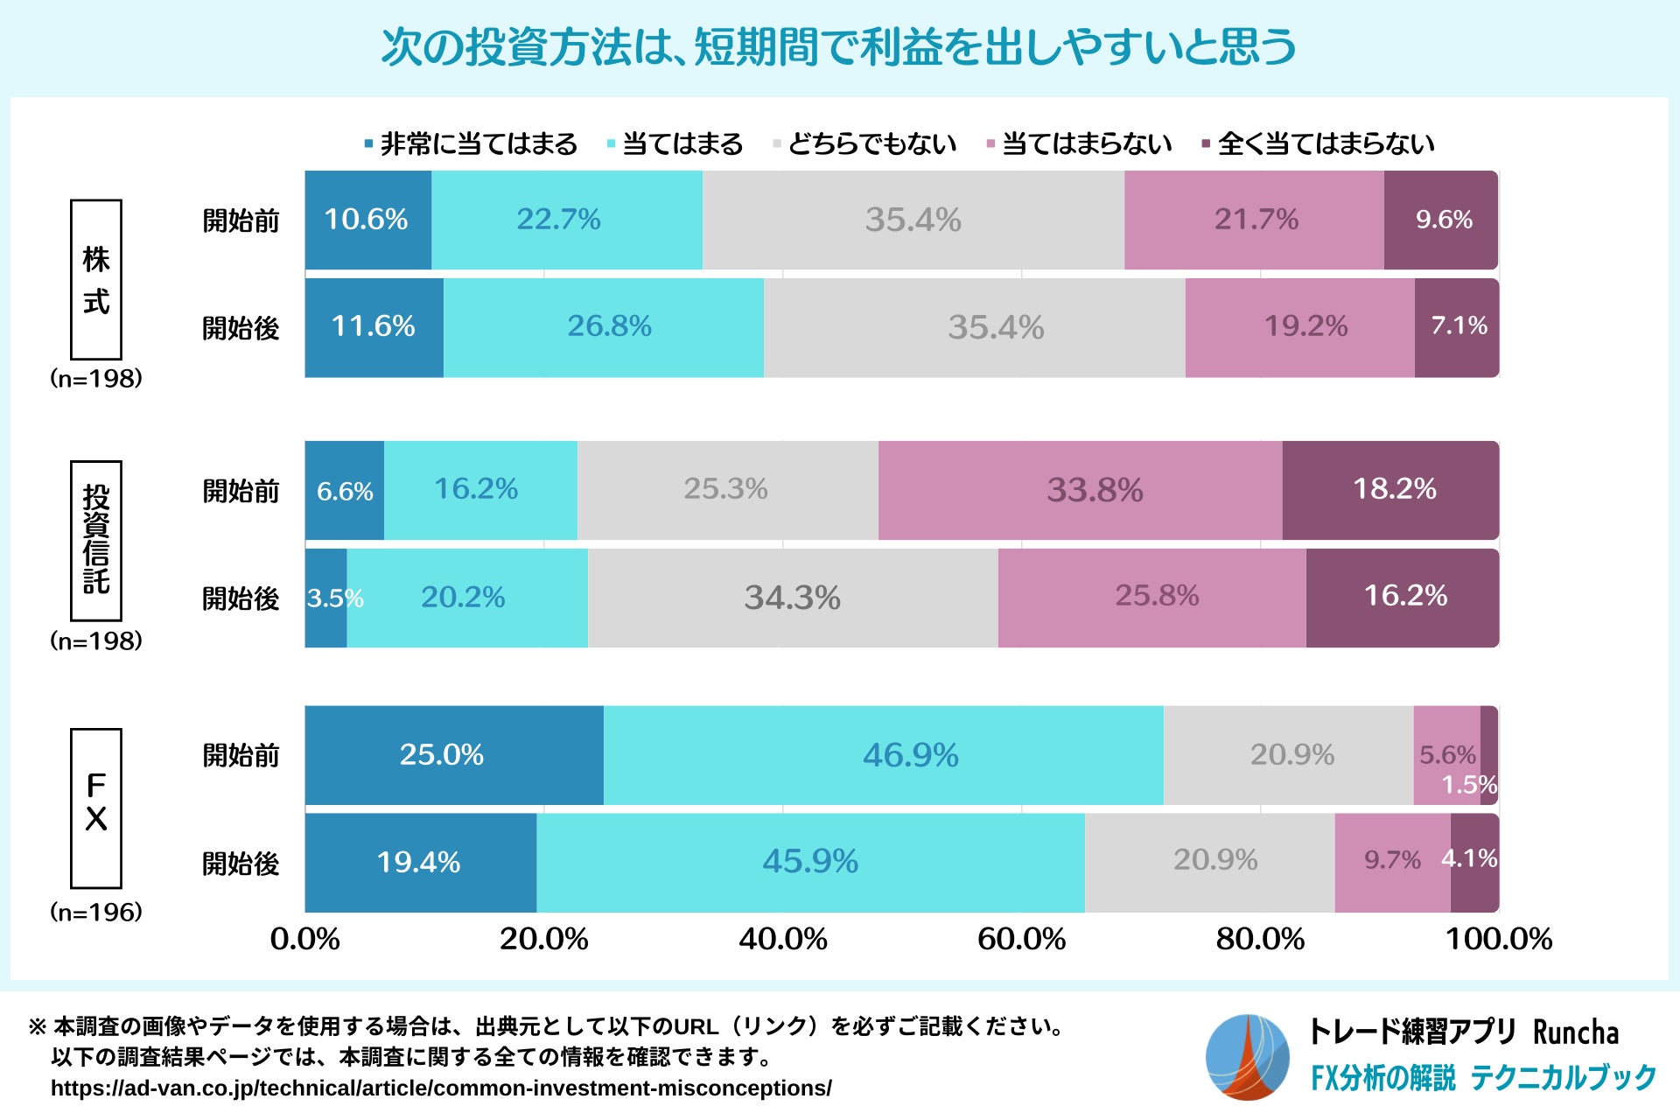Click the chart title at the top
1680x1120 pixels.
(x=838, y=47)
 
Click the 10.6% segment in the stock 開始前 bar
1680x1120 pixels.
(x=367, y=220)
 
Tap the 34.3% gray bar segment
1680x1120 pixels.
(x=793, y=598)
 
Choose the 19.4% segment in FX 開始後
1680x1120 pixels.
(x=420, y=863)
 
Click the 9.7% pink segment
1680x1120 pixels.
(x=1392, y=861)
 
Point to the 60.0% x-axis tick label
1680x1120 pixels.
(x=1021, y=940)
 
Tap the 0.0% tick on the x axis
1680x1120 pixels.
(x=304, y=940)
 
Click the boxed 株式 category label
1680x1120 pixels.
(x=96, y=279)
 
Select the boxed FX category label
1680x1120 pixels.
(x=96, y=808)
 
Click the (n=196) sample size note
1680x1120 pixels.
(x=96, y=913)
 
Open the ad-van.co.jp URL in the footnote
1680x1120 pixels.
(x=441, y=1088)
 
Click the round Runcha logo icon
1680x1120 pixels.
(x=1247, y=1057)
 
